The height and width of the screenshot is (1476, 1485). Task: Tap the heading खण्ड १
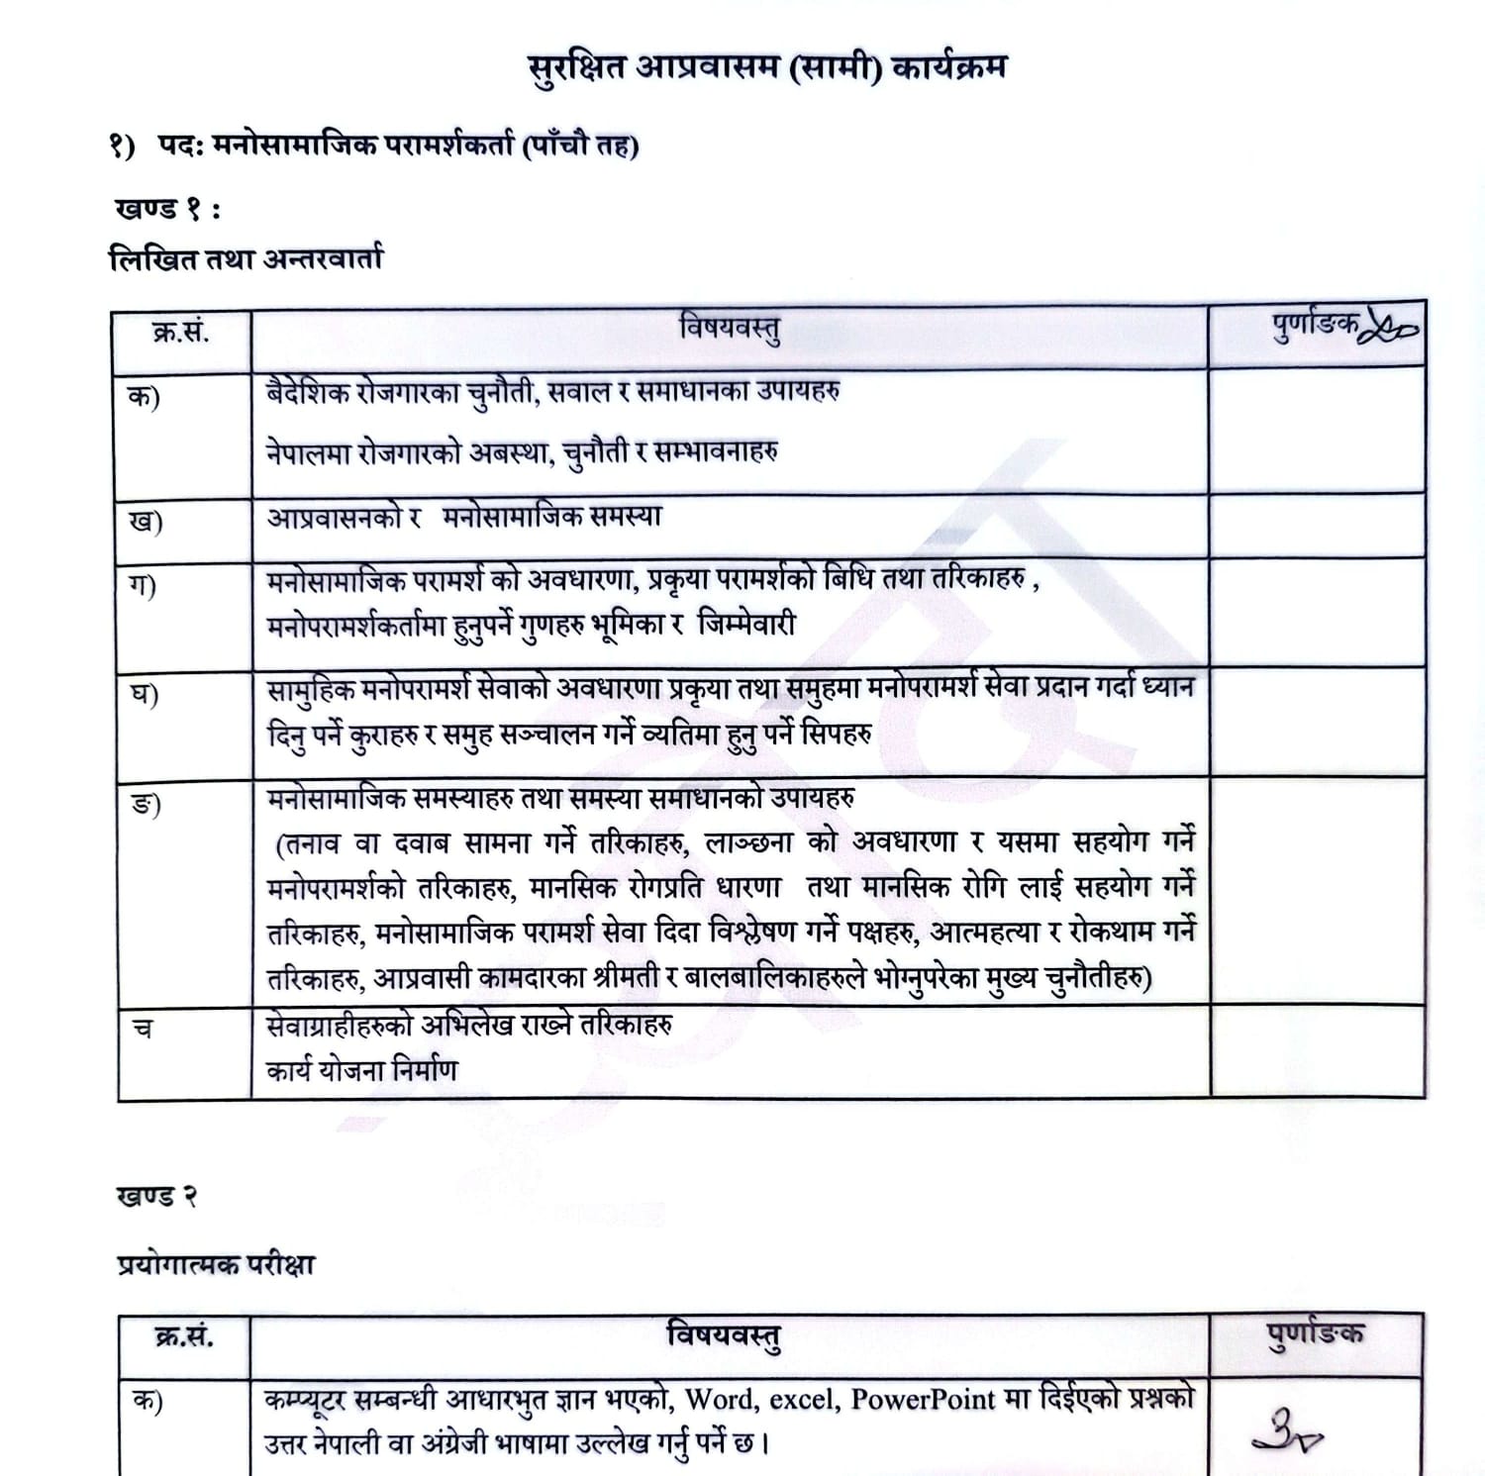pos(166,209)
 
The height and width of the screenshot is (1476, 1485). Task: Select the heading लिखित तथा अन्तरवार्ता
pos(245,259)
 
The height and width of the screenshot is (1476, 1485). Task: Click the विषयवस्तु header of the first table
pos(730,329)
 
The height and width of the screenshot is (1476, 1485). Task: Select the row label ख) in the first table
pos(146,521)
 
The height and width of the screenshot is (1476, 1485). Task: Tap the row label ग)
pos(143,585)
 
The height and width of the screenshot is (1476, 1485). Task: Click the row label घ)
pos(145,694)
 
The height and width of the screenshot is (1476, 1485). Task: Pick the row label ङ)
pos(146,803)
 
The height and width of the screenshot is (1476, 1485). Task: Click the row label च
pos(143,1028)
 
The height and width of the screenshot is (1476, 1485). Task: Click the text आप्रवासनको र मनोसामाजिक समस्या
pos(463,517)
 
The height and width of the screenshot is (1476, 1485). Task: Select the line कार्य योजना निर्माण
pos(362,1070)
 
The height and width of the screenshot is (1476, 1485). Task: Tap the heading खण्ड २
pos(156,1196)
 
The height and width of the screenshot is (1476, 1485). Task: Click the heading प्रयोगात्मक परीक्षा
pos(216,1264)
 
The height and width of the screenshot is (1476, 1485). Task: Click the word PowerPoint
pos(922,1399)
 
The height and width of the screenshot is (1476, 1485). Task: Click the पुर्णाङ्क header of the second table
pos(1315,1333)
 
